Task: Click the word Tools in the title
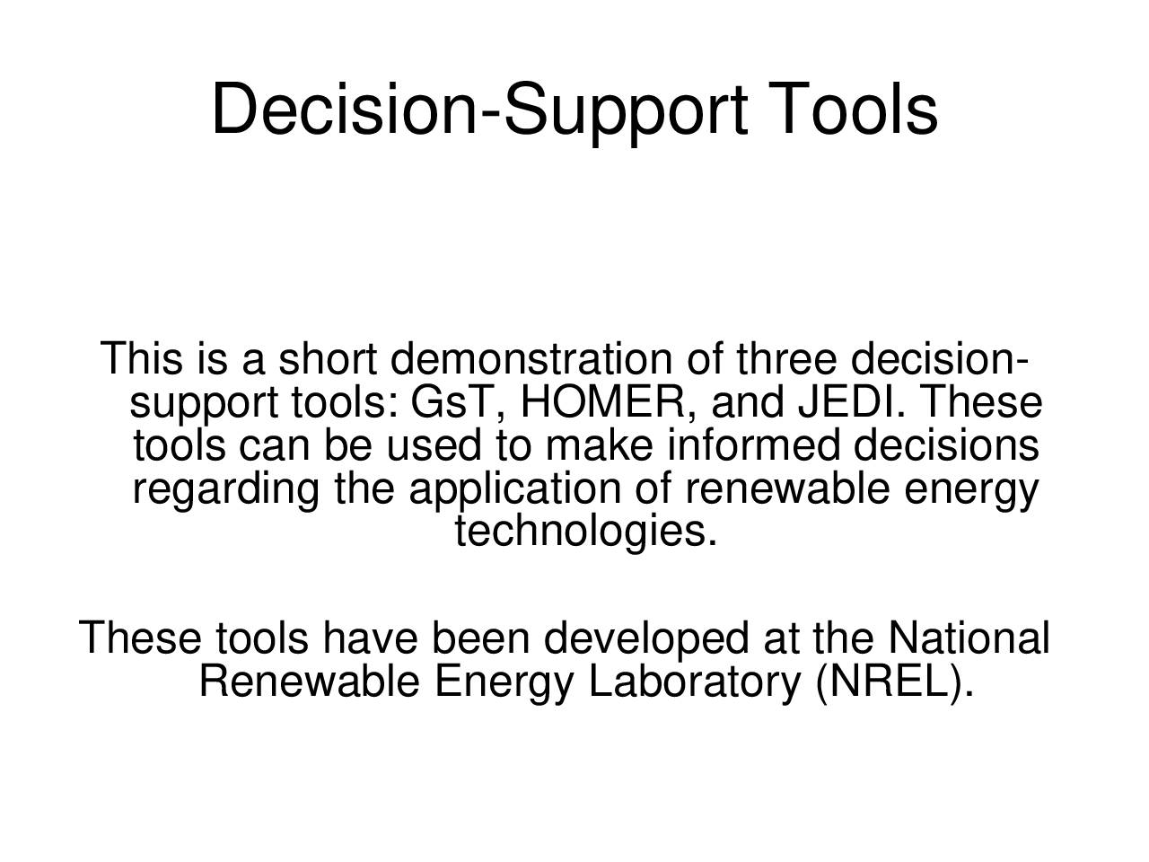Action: tap(854, 109)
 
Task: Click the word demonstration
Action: tap(531, 358)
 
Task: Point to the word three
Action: tap(786, 358)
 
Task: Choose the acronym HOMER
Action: tap(603, 401)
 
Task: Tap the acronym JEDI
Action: tap(846, 401)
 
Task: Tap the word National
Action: tap(969, 637)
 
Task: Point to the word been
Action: tap(480, 637)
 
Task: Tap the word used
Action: tap(434, 444)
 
